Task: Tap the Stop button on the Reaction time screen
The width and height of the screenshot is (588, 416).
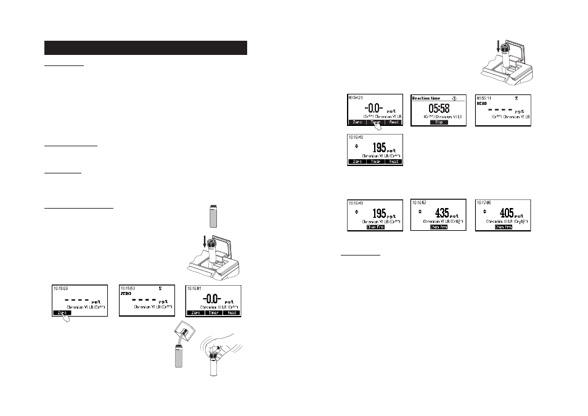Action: pos(439,122)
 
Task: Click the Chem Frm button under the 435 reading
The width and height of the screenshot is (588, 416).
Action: pos(439,227)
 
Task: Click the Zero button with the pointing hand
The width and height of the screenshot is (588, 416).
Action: pos(62,313)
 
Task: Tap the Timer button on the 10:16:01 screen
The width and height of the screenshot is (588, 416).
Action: pos(213,313)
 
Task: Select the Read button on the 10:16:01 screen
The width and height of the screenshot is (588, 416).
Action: pos(231,313)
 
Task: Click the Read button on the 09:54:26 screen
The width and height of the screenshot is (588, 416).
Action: pos(394,122)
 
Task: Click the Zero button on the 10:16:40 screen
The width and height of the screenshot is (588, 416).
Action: pos(356,162)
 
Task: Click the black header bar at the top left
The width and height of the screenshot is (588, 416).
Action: pos(145,48)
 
